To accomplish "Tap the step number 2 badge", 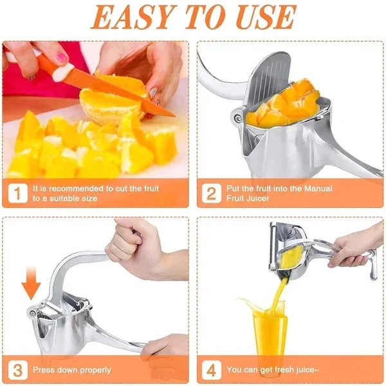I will (211, 194).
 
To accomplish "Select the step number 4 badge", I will (211, 369).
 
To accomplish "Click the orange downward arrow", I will (31, 282).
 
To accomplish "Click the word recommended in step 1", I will (67, 188).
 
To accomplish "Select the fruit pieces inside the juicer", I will (286, 107).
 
